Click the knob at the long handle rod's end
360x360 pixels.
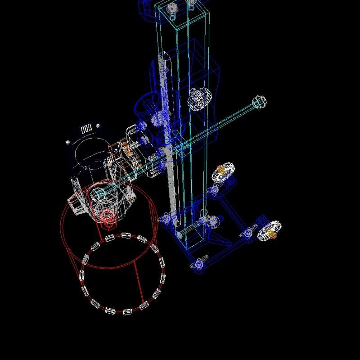point(259,102)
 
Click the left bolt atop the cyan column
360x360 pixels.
point(172,9)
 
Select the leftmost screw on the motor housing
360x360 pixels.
point(68,142)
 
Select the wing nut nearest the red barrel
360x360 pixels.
point(165,219)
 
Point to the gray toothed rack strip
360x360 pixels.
point(171,180)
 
